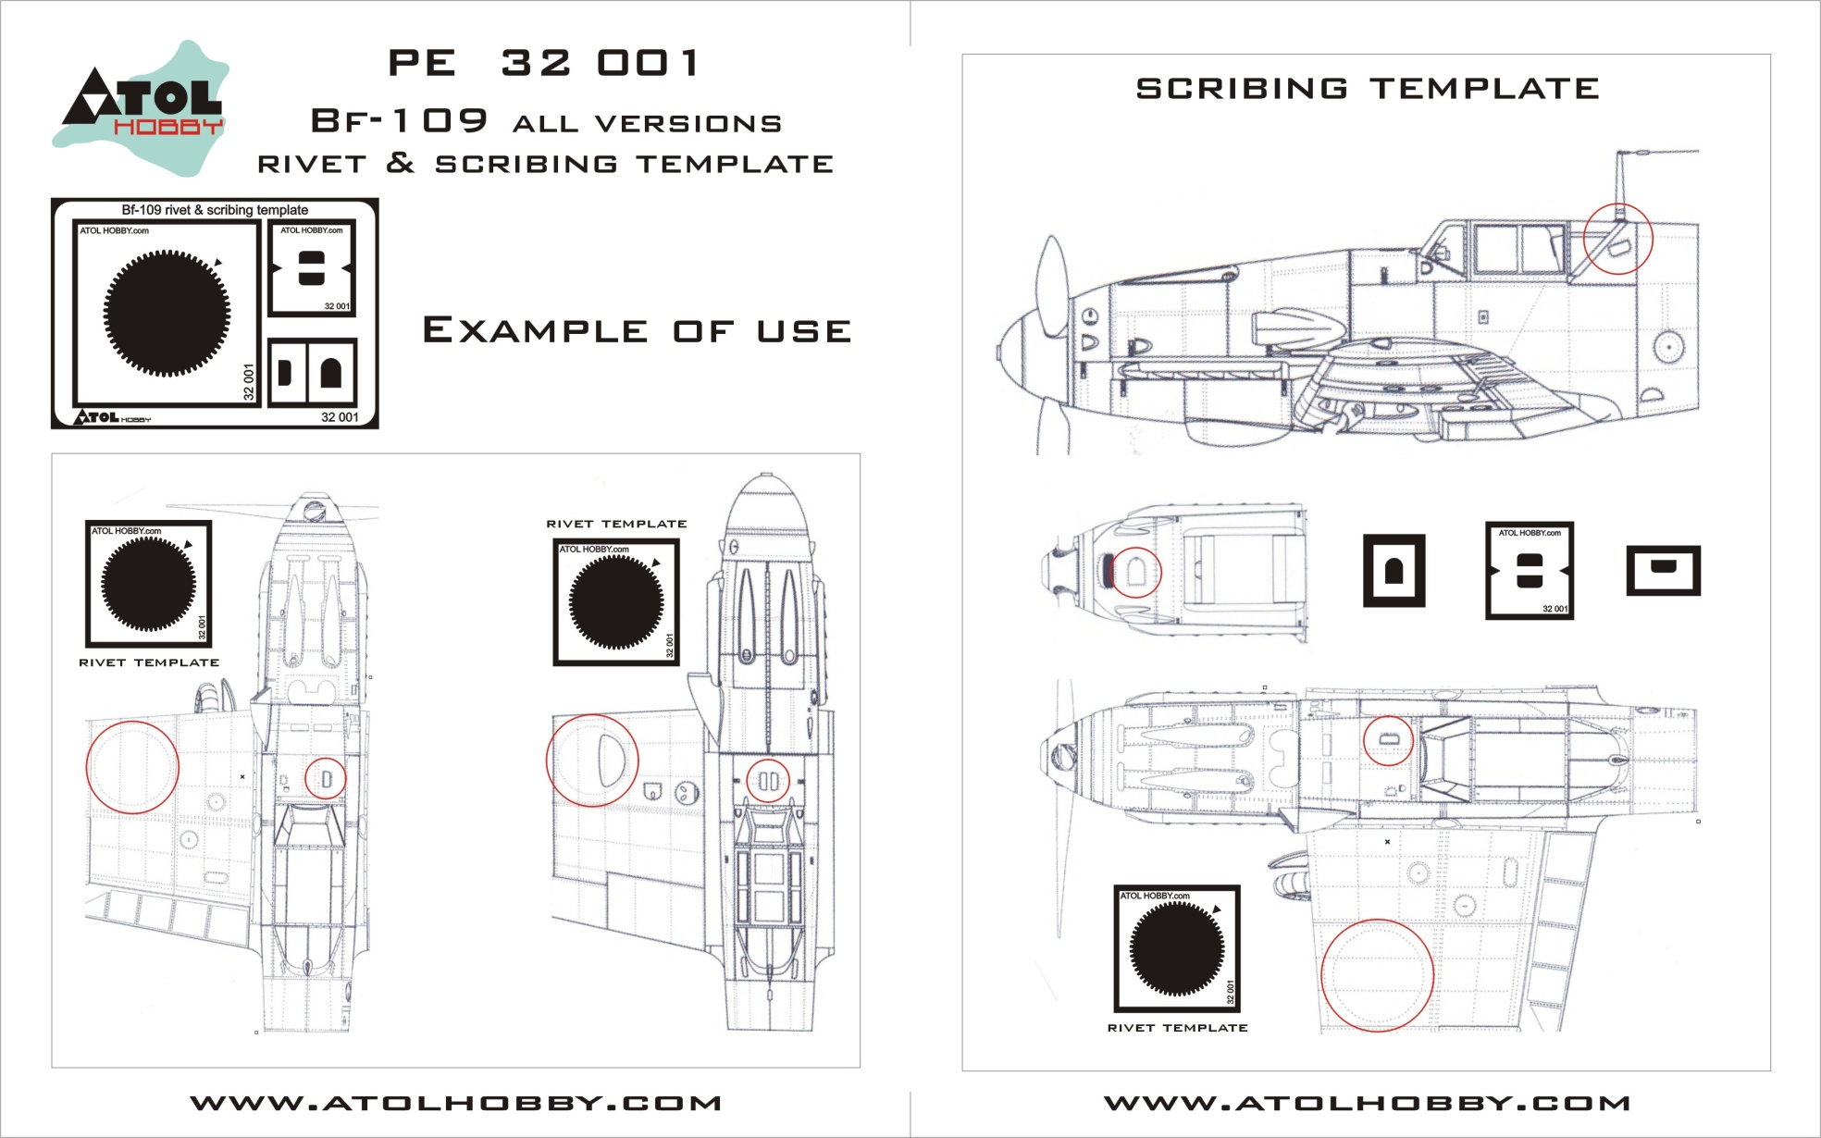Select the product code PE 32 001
point(544,63)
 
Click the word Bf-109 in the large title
point(399,121)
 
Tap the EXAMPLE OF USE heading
point(637,330)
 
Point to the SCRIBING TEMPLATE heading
point(1367,89)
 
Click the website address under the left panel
point(455,1103)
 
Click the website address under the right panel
point(1367,1103)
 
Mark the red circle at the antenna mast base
point(1617,239)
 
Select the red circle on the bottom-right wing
point(1377,975)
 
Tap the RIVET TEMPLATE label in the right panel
point(1177,1028)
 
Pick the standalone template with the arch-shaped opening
point(1394,571)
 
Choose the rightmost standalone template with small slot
point(1663,570)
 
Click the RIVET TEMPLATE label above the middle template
point(616,524)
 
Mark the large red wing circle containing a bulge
point(592,761)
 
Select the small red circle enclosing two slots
point(768,781)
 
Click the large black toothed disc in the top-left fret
point(167,312)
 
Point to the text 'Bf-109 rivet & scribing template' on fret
point(215,210)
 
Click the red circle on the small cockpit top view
point(1134,572)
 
